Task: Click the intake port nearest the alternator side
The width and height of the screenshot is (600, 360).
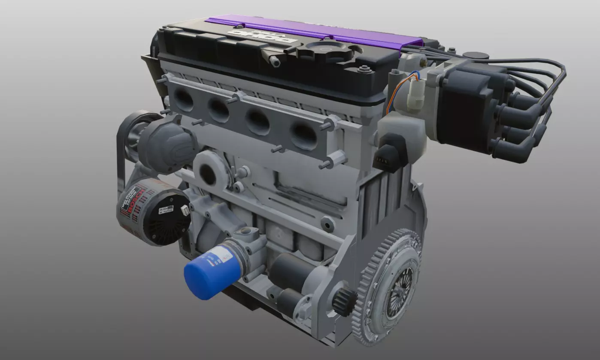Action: [184, 100]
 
